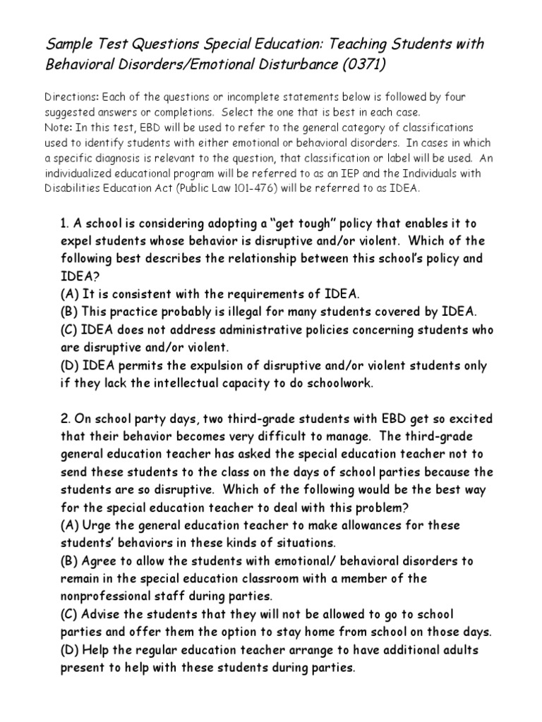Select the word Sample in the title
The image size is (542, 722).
tap(68, 45)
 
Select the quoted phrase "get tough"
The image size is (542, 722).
tap(296, 222)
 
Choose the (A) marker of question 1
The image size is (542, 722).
tap(69, 294)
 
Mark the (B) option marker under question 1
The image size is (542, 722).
tap(69, 312)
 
